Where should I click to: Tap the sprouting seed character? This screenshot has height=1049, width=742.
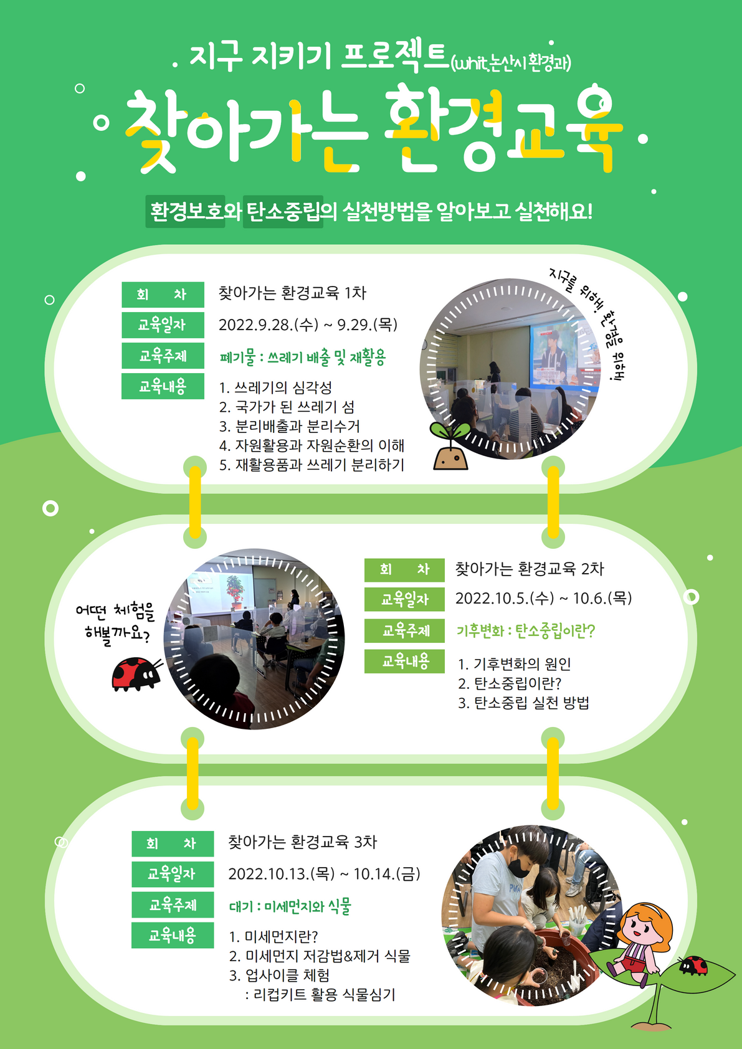click(450, 450)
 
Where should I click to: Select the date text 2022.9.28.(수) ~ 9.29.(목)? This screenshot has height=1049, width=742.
click(308, 325)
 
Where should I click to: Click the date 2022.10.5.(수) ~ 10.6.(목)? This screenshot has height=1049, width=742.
click(543, 599)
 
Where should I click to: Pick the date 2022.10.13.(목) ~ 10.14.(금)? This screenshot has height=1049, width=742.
click(324, 874)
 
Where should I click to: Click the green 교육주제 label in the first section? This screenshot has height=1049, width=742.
click(163, 356)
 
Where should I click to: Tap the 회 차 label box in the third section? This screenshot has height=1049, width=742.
click(173, 844)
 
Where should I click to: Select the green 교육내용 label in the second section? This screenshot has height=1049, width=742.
click(405, 661)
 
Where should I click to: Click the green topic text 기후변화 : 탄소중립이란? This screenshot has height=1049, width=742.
click(526, 631)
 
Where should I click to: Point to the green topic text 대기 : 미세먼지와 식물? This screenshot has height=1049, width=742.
click(290, 906)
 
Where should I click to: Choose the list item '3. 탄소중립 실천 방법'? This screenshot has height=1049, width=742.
click(523, 703)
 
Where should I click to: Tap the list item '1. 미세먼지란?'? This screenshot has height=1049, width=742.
click(273, 937)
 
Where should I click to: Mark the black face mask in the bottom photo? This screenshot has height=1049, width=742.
click(519, 866)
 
